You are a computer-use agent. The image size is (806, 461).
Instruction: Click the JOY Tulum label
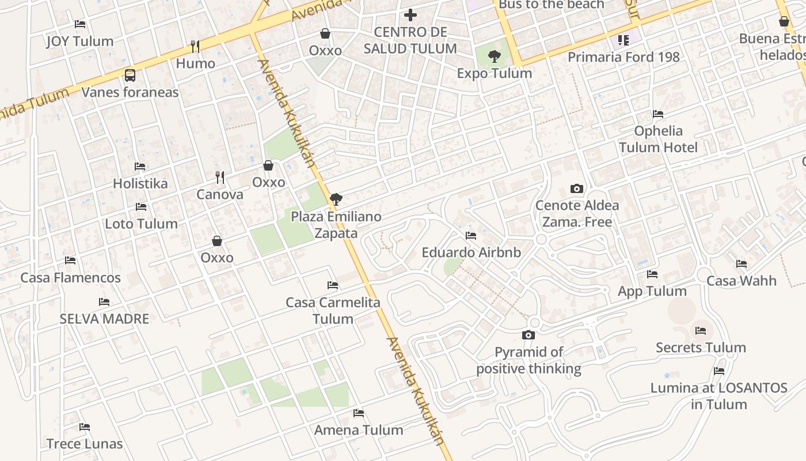pos(80,41)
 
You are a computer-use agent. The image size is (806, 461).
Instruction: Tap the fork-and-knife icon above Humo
pos(195,46)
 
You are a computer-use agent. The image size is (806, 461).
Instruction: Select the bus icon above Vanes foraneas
pos(130,75)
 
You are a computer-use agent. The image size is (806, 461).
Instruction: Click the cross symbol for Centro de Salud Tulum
pos(410,15)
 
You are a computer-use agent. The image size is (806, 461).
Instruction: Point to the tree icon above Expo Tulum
pos(494,56)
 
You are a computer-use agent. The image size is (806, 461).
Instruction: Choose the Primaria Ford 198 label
pos(623,57)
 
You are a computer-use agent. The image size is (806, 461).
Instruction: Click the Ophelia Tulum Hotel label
pos(659,139)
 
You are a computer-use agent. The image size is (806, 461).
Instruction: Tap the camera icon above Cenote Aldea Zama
pos(576,188)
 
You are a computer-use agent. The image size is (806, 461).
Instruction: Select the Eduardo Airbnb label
pos(472,252)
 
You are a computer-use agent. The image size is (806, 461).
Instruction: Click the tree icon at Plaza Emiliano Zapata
pos(336,200)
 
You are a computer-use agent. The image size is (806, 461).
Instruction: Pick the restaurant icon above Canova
pos(219,177)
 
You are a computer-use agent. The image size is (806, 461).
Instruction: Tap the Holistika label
pos(140,184)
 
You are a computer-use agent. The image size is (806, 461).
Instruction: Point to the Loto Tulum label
pos(141,224)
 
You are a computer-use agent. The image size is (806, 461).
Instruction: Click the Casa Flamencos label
pos(71,278)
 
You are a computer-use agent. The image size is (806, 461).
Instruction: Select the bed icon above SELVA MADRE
pos(104,301)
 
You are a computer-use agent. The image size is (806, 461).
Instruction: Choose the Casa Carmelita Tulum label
pos(333,311)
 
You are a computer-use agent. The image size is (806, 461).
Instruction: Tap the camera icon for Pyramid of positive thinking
pos(529,335)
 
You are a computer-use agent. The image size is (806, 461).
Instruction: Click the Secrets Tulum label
pos(701,347)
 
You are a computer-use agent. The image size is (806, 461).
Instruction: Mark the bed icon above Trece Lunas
pos(85,427)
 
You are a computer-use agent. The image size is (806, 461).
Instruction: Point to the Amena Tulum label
pos(359,430)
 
